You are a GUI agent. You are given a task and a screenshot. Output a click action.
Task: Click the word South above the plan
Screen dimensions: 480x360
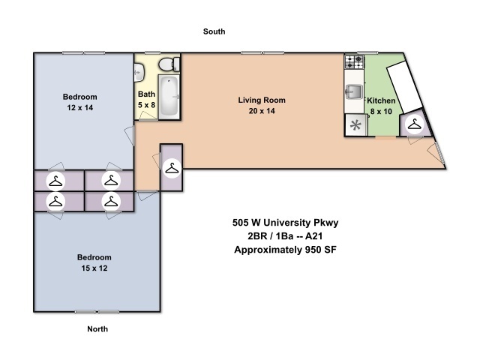214,31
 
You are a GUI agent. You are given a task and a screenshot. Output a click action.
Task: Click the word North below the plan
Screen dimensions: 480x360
97,329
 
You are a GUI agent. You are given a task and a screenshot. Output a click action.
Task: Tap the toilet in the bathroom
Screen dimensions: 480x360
169,64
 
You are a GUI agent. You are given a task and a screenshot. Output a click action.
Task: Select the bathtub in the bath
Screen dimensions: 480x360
169,96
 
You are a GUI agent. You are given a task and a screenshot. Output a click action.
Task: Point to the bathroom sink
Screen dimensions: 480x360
139,72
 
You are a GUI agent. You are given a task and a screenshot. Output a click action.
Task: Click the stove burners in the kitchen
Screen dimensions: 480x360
355,61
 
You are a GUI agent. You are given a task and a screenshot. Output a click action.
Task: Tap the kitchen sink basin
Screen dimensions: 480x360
354,91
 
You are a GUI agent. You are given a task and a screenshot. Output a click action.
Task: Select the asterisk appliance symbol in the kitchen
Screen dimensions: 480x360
355,125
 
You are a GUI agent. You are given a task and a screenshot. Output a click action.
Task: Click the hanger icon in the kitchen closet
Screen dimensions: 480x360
415,124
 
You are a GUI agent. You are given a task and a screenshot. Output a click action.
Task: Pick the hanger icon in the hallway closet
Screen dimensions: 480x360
172,168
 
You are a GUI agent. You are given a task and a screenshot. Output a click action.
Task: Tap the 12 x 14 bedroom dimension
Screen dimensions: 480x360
80,108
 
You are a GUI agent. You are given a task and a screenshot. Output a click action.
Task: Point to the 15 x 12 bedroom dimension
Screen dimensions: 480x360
94,268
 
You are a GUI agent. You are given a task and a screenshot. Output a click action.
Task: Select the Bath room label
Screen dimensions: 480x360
146,94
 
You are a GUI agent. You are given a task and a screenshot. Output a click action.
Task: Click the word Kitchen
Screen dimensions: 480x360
381,100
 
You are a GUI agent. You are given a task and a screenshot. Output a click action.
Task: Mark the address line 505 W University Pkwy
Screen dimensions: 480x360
285,223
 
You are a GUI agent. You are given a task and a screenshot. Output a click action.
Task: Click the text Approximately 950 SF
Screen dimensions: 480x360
285,250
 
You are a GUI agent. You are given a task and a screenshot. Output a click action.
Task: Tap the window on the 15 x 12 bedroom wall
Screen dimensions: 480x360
97,312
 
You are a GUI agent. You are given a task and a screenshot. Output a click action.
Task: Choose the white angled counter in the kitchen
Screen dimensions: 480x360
405,87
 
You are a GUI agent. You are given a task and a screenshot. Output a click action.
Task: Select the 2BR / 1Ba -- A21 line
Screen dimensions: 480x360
285,236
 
